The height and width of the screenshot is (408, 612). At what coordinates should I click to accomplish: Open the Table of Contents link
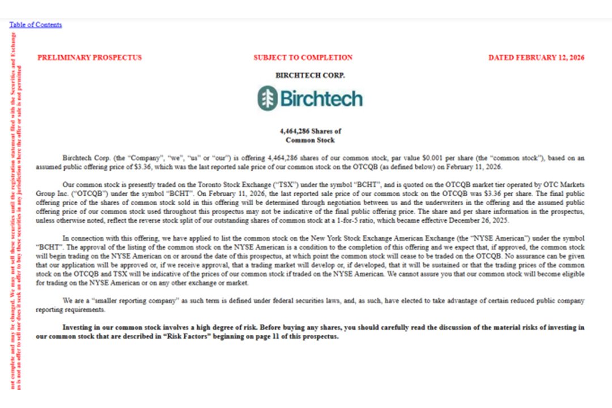pos(35,25)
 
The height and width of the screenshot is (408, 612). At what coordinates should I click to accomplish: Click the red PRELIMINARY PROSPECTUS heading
pos(90,57)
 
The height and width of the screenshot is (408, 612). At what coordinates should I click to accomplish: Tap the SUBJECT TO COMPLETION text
pos(303,57)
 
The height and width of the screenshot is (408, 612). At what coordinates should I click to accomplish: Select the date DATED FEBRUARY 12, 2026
pos(536,57)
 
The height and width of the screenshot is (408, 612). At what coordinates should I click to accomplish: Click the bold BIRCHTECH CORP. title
pos(310,75)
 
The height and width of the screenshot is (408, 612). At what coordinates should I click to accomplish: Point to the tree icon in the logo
pos(267,98)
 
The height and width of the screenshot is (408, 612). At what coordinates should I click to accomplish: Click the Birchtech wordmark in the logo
pos(321,99)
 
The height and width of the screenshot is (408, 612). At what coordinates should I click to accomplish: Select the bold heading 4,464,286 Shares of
pos(310,131)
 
